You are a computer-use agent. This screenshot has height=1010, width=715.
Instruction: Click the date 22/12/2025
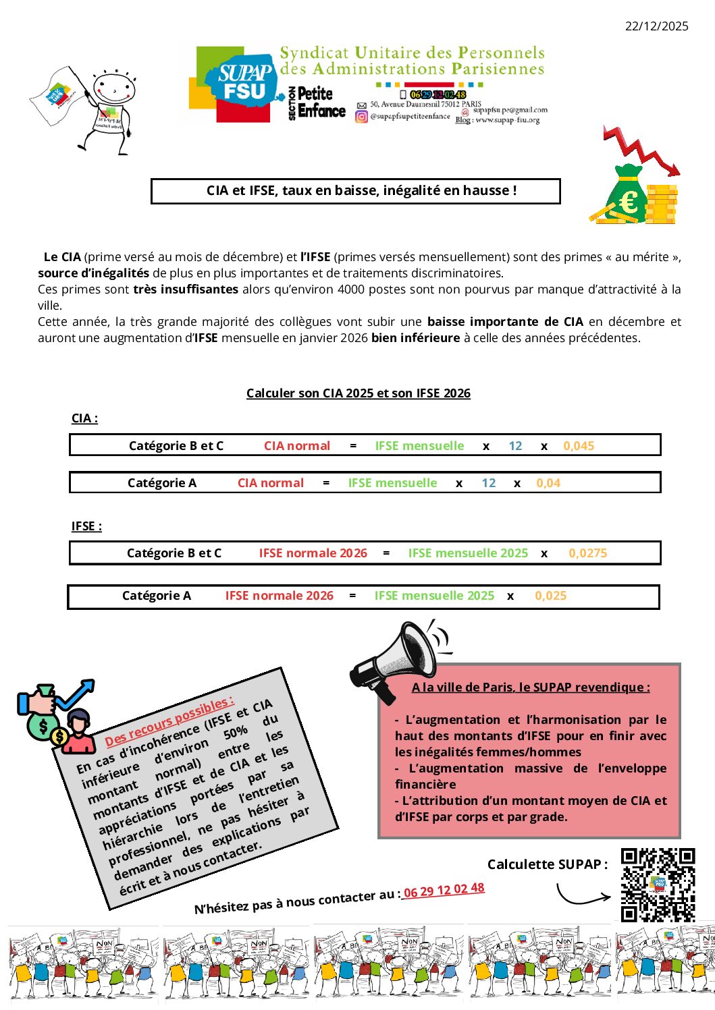tap(656, 26)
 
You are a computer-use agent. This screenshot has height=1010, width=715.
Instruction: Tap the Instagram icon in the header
tap(362, 117)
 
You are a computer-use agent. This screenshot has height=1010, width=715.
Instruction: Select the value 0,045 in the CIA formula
tap(579, 446)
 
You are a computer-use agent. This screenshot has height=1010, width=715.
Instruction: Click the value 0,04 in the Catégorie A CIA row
tap(548, 483)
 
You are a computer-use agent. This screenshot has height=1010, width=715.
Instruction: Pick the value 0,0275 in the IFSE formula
tap(587, 553)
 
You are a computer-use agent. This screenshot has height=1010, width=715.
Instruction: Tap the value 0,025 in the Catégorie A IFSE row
tap(550, 596)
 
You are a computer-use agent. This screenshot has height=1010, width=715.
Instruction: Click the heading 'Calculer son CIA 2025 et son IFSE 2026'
tap(358, 393)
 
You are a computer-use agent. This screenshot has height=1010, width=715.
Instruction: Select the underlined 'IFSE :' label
tap(86, 526)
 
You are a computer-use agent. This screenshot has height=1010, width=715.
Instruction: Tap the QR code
tap(658, 885)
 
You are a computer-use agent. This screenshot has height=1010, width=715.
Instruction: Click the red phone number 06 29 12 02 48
tap(444, 890)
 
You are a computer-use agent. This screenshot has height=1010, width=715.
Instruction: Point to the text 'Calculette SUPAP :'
tap(547, 864)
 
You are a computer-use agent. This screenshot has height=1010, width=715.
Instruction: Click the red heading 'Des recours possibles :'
tap(169, 721)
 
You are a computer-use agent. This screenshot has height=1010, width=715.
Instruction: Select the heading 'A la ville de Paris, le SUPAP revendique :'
tap(531, 688)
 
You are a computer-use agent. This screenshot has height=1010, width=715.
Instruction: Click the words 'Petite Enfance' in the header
tap(321, 102)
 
